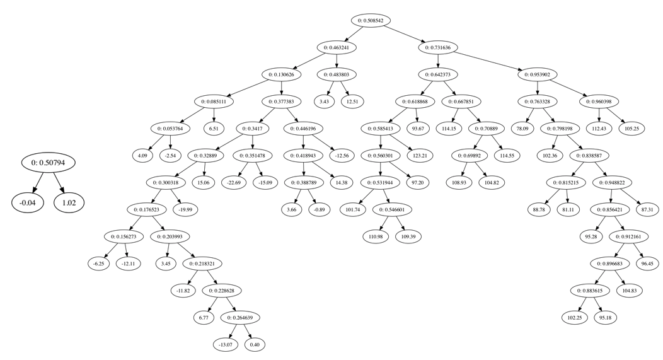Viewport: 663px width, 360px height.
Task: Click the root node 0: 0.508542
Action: [x=371, y=20]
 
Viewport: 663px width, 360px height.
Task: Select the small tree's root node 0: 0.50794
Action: [x=48, y=163]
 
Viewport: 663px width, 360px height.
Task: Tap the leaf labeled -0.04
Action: [x=28, y=203]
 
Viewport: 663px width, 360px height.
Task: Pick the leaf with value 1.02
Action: [x=69, y=203]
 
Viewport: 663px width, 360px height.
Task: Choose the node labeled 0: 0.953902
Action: [x=537, y=74]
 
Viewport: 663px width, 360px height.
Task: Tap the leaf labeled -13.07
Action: [x=225, y=345]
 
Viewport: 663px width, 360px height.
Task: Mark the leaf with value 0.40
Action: [x=255, y=345]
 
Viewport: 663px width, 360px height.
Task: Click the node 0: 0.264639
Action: [x=239, y=318]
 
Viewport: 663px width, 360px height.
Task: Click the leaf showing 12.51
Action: [x=351, y=102]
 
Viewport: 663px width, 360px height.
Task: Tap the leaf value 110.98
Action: [x=375, y=236]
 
